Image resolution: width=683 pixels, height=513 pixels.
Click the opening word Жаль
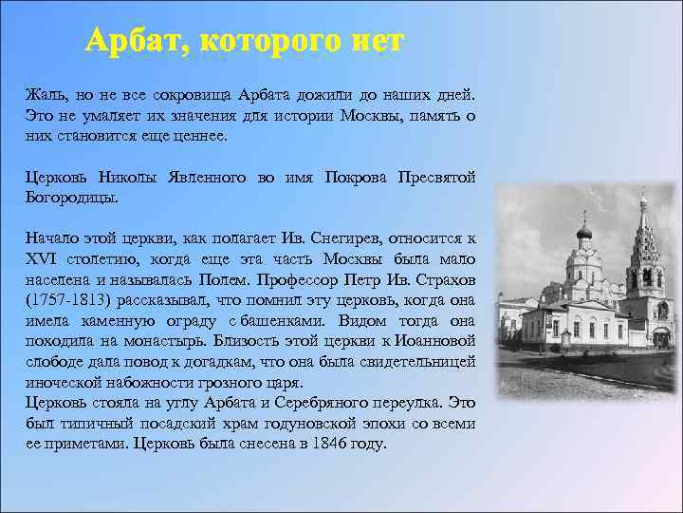[x=45, y=96]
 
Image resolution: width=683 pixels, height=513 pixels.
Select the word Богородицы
[x=71, y=198]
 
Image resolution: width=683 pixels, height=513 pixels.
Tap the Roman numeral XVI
[x=44, y=259]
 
